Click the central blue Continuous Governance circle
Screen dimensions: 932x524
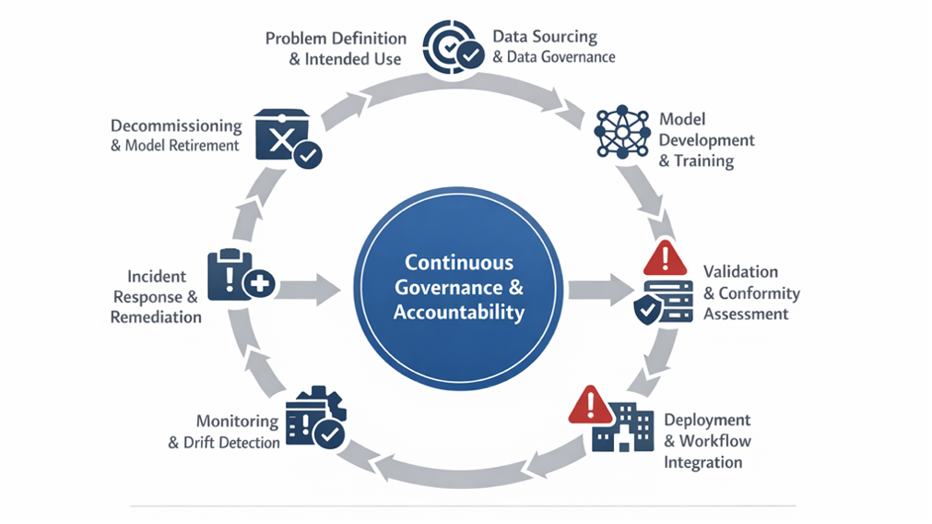click(458, 288)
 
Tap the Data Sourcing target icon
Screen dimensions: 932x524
click(452, 47)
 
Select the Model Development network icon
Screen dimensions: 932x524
click(622, 135)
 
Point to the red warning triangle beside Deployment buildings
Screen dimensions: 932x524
click(590, 404)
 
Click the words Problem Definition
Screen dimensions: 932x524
click(336, 39)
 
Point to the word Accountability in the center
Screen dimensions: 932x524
click(458, 312)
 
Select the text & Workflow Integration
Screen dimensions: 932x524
click(706, 450)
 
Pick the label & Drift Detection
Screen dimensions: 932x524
click(224, 443)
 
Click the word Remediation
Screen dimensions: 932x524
click(156, 317)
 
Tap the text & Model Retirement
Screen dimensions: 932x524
click(175, 146)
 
